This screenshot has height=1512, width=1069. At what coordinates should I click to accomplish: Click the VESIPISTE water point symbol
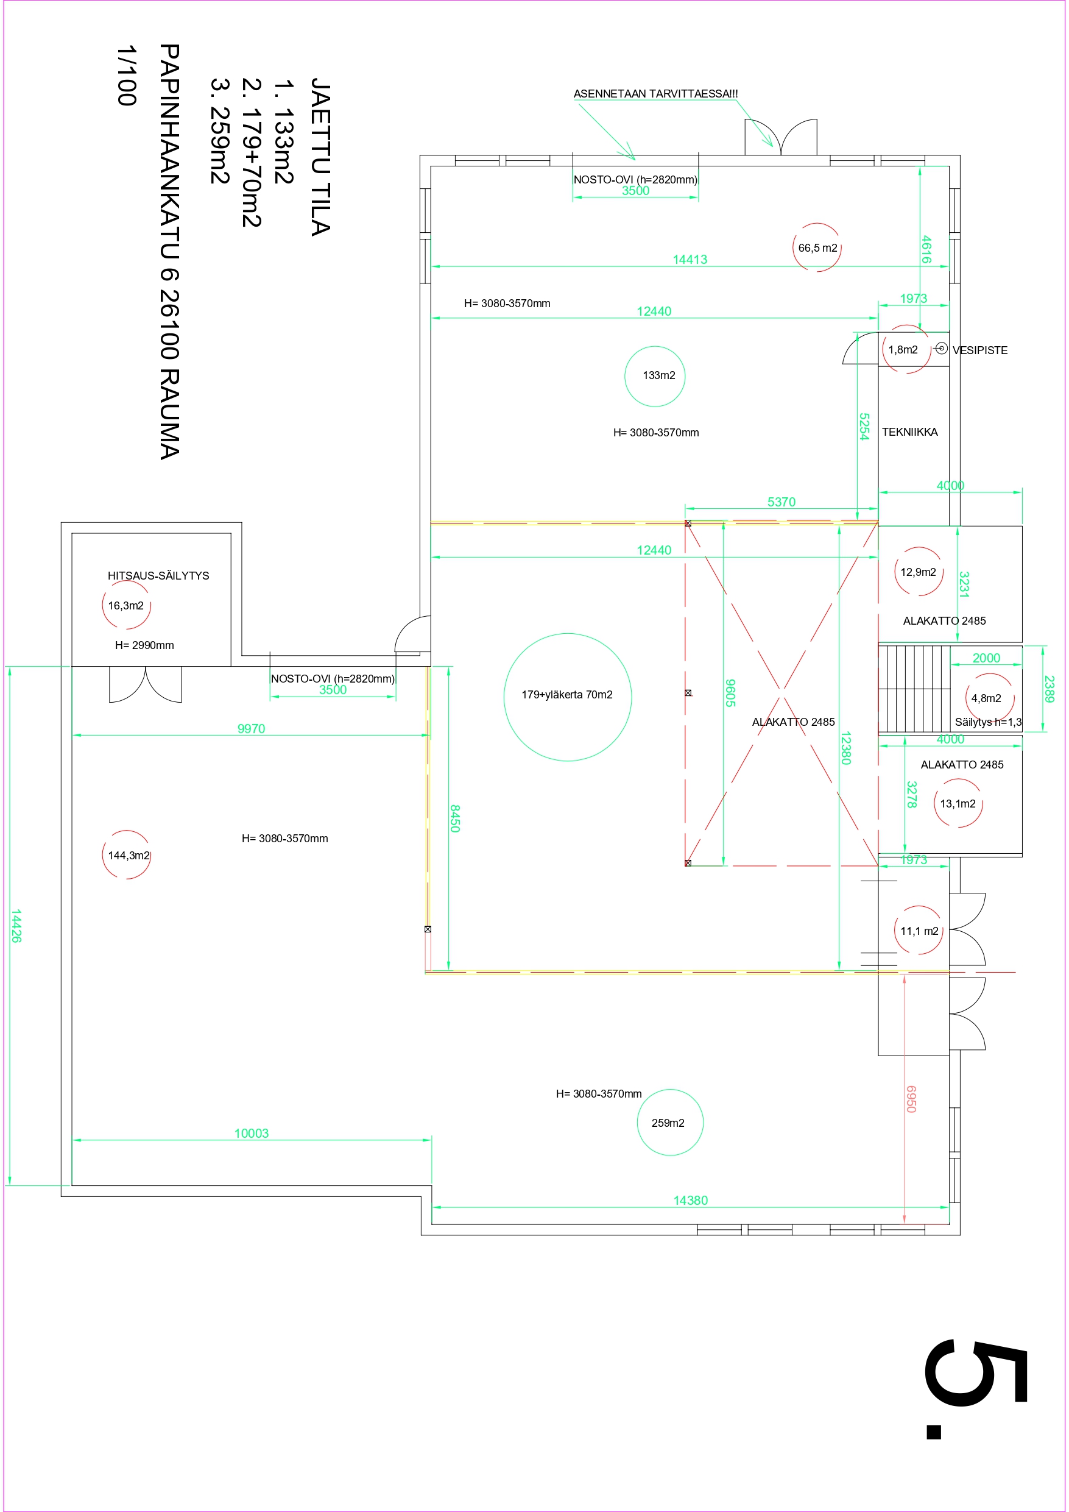tap(941, 348)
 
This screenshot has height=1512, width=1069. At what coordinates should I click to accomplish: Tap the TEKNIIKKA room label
tap(909, 432)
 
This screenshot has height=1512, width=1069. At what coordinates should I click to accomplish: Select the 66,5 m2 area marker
tap(817, 247)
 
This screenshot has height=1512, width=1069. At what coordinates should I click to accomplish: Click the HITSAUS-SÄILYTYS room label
tap(158, 575)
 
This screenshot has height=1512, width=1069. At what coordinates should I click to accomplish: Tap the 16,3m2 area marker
tap(126, 605)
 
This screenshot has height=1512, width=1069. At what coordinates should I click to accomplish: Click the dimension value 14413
tap(690, 260)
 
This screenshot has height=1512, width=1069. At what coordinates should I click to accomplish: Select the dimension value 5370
tap(781, 502)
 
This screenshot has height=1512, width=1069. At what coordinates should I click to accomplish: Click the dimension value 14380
tap(691, 1201)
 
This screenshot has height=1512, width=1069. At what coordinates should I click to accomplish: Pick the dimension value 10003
tap(252, 1134)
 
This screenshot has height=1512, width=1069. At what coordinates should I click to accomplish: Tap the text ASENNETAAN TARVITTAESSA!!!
tap(655, 93)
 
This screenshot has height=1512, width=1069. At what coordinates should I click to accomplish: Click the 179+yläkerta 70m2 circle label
tap(568, 695)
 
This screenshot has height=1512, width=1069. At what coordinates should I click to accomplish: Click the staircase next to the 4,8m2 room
tap(914, 689)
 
